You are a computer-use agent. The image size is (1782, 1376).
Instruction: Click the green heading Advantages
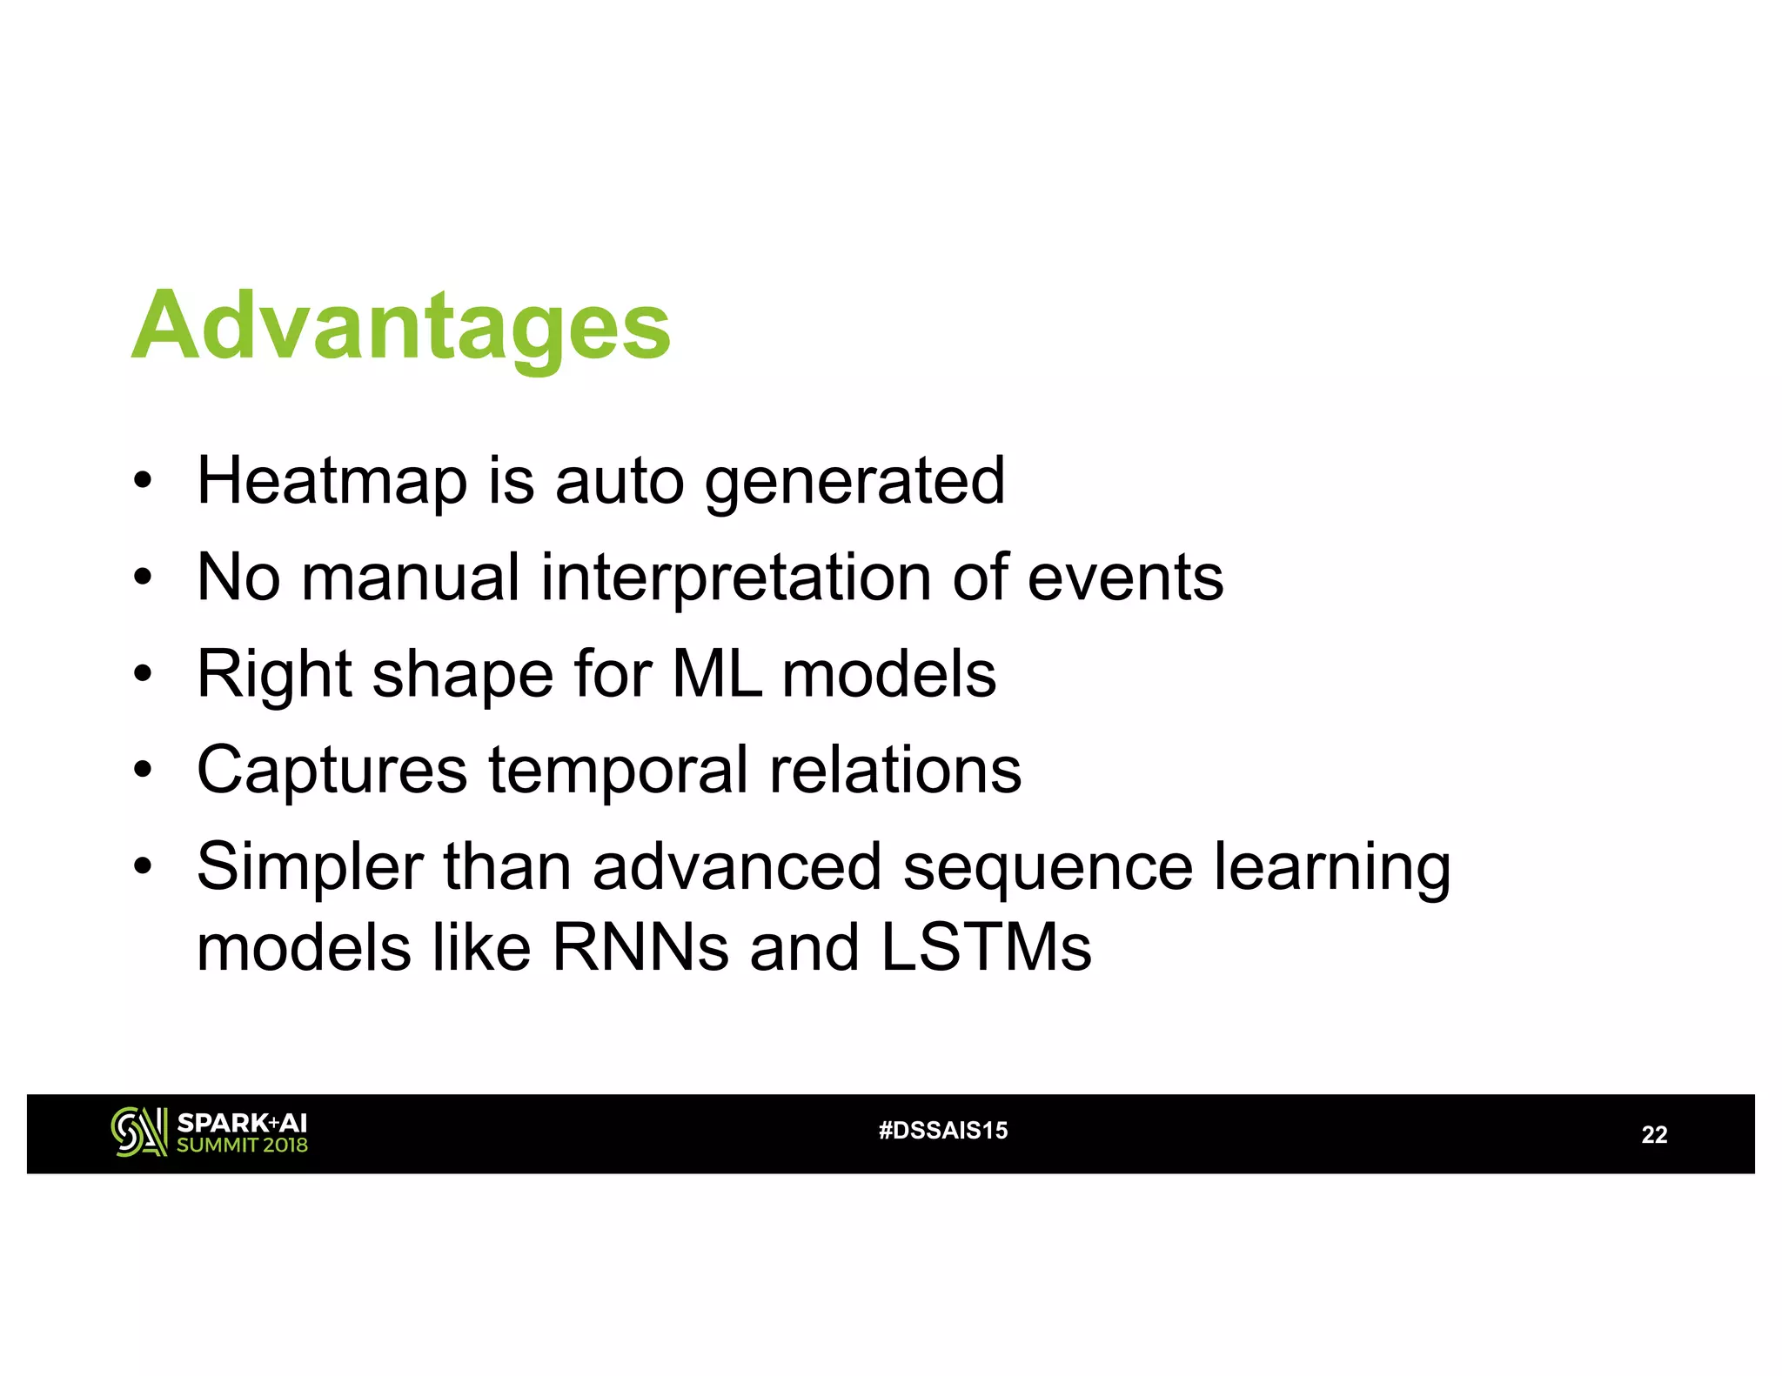tap(401, 327)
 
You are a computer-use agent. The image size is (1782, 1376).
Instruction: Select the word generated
tap(854, 483)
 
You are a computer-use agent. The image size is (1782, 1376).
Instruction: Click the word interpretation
tap(736, 578)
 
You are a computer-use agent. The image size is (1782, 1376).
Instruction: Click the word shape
tap(462, 676)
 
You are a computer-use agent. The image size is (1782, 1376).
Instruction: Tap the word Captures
tap(332, 771)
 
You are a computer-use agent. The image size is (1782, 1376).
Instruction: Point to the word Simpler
tap(310, 868)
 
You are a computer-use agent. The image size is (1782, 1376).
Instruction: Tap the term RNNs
tap(640, 947)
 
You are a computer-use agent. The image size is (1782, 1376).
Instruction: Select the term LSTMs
tap(985, 947)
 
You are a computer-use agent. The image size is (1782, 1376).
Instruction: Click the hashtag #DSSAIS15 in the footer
tap(943, 1131)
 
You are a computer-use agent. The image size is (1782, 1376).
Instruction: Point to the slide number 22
tap(1654, 1135)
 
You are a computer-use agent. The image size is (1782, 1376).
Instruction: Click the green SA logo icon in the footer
tap(138, 1132)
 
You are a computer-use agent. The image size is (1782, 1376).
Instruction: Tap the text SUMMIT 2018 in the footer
tap(242, 1146)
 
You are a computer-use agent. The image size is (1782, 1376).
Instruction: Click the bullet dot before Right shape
tap(143, 674)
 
